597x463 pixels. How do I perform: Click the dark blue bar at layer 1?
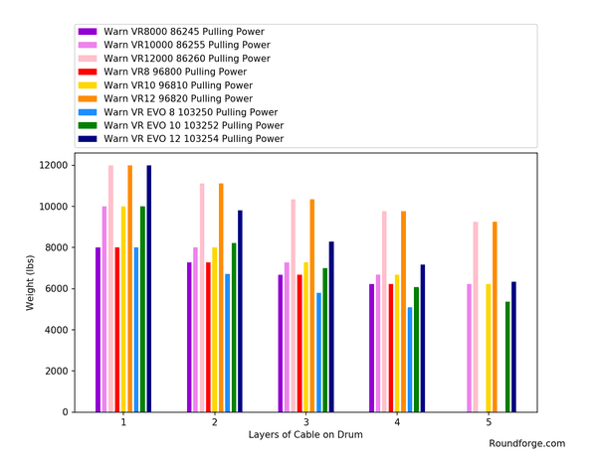pyautogui.click(x=149, y=288)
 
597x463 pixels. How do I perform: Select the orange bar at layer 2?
pyautogui.click(x=221, y=298)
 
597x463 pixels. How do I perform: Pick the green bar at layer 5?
pyautogui.click(x=507, y=357)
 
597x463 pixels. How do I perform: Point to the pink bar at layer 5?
pyautogui.click(x=476, y=317)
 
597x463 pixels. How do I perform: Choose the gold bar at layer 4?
pyautogui.click(x=397, y=343)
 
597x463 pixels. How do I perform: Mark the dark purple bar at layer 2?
pyautogui.click(x=189, y=337)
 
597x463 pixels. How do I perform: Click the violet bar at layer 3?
pyautogui.click(x=287, y=337)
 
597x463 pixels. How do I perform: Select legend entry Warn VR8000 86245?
pyautogui.click(x=171, y=32)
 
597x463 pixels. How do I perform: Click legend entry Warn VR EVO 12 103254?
pyautogui.click(x=181, y=139)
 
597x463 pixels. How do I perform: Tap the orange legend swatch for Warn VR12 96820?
pyautogui.click(x=88, y=98)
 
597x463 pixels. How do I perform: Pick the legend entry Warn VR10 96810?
pyautogui.click(x=165, y=85)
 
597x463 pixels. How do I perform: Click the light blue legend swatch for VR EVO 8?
pyautogui.click(x=88, y=112)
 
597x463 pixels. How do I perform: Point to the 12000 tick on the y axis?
pyautogui.click(x=73, y=165)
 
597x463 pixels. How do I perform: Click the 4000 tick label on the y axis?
pyautogui.click(x=57, y=330)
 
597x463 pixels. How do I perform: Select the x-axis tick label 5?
pyautogui.click(x=489, y=422)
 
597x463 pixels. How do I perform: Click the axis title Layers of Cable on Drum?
pyautogui.click(x=305, y=435)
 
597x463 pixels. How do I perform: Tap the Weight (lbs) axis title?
pyautogui.click(x=30, y=283)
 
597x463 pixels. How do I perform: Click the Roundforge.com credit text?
pyautogui.click(x=527, y=443)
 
